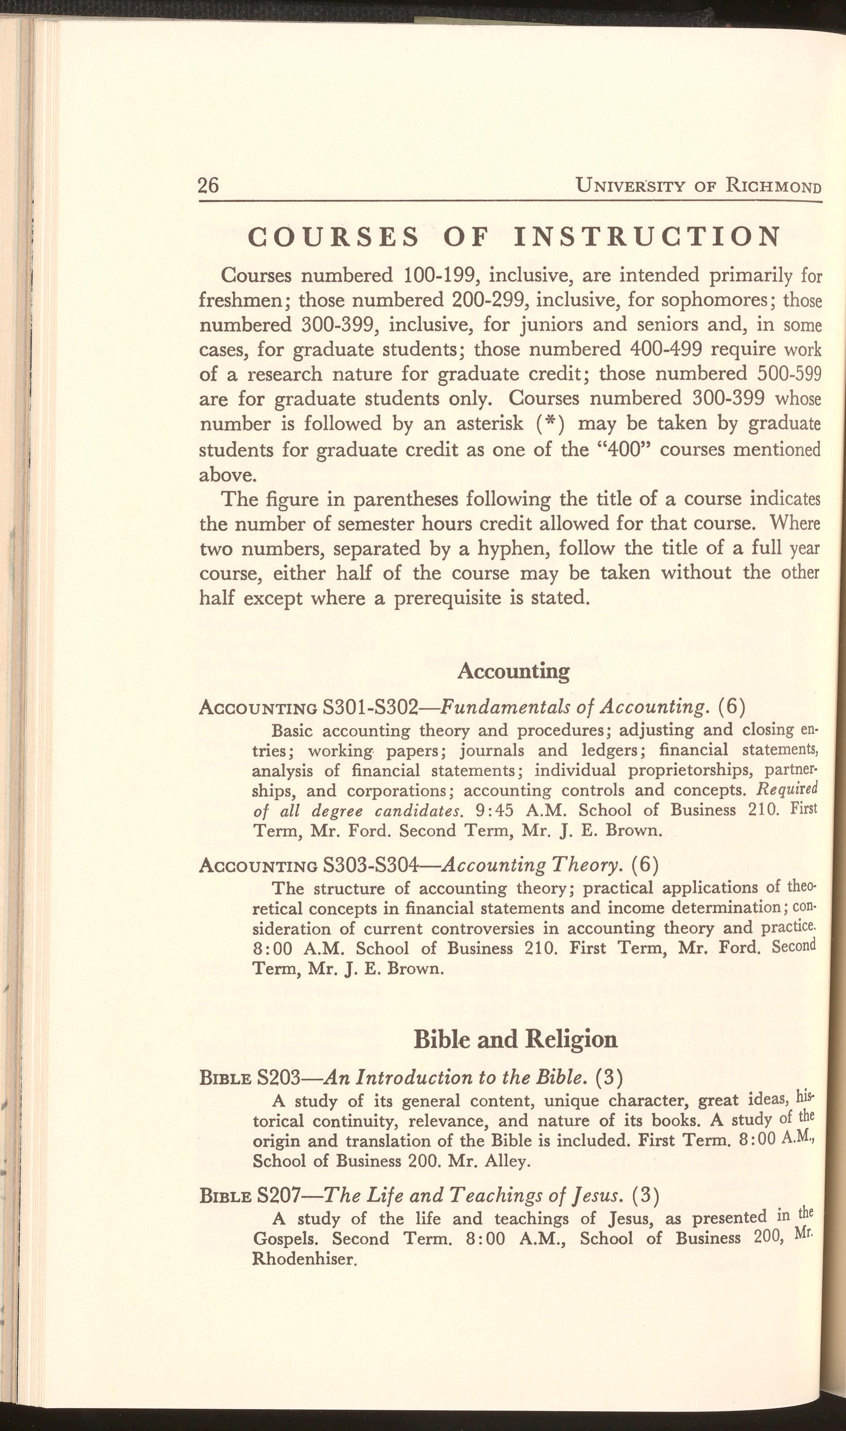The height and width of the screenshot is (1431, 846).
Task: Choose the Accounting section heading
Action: pos(513,671)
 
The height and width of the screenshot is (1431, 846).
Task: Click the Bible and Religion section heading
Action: pos(515,1039)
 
